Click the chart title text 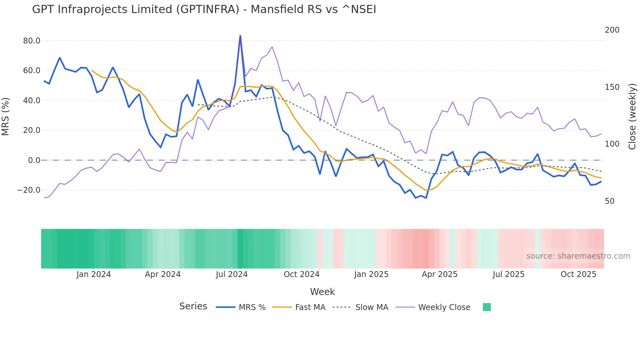(x=204, y=9)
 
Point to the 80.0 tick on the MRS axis (x=32, y=41)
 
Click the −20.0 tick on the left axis (x=29, y=190)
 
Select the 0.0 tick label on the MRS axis (x=34, y=160)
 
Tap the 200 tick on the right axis (x=612, y=30)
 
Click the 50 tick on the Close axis (x=610, y=201)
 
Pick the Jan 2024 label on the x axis (x=94, y=274)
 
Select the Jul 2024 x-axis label (x=232, y=274)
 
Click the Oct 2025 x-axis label (x=578, y=274)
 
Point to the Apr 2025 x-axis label (x=440, y=274)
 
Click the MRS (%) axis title (x=6, y=117)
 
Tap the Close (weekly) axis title (x=632, y=117)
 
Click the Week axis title (x=322, y=292)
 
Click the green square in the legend (x=487, y=307)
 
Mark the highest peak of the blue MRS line (x=240, y=36)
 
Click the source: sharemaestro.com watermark (x=578, y=256)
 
